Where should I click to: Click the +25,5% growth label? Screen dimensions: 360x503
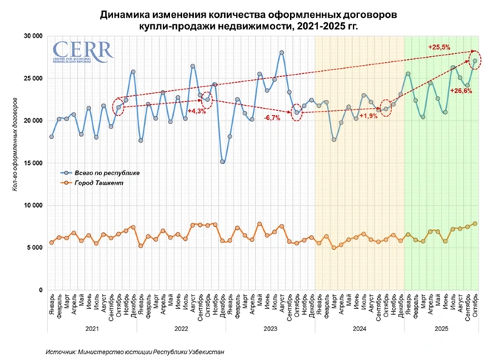pos(439,47)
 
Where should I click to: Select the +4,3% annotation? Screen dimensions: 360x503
pos(197,111)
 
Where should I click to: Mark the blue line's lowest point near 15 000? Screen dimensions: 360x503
pos(223,161)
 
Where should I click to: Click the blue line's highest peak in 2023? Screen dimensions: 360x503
pos(282,52)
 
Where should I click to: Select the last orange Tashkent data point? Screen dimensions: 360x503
pos(475,223)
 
